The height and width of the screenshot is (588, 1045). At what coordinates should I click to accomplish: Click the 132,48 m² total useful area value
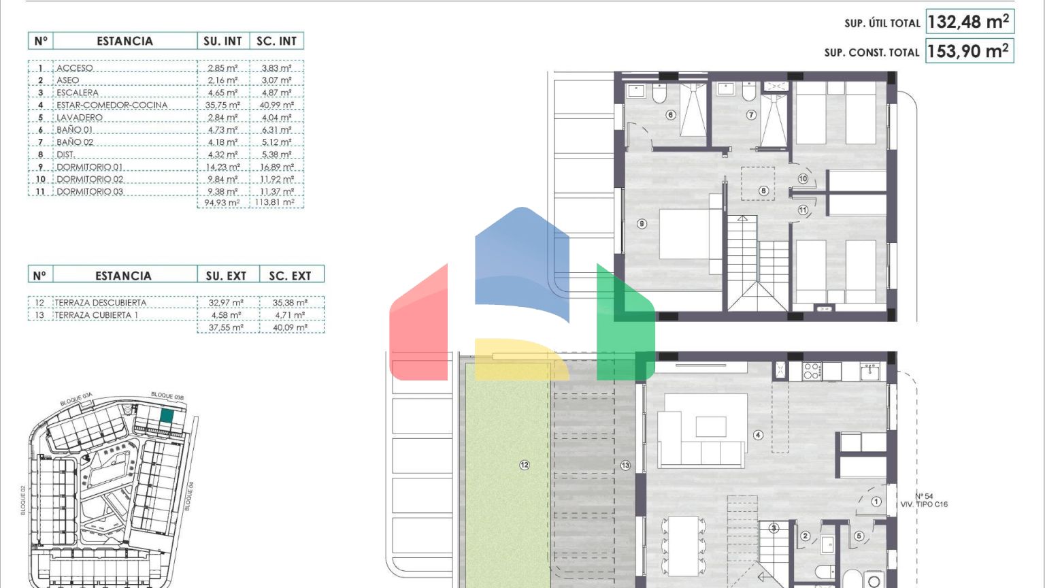point(968,22)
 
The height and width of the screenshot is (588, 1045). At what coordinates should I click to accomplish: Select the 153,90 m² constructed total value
point(968,51)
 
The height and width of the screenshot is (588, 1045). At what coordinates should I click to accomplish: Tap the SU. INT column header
point(223,41)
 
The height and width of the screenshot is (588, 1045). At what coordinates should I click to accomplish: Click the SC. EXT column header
point(290,276)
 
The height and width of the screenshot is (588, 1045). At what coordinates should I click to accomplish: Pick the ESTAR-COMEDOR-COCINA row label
point(112,105)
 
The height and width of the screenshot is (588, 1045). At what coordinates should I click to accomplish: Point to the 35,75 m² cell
point(222,105)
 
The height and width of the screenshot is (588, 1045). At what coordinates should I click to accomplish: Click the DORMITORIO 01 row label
point(90,167)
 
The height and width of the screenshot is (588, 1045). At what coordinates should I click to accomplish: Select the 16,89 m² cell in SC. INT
point(277,167)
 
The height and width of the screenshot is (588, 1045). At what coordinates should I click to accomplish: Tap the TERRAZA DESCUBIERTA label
point(100,303)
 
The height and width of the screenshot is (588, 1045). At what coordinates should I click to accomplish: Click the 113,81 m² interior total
point(275,203)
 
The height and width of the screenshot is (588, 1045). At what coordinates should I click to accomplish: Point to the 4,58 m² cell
point(227,315)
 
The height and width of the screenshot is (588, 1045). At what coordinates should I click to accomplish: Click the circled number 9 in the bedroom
point(642,224)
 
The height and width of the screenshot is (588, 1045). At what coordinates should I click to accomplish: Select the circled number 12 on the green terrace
point(525,465)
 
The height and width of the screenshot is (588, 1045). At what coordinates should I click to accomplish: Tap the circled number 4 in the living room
point(758,435)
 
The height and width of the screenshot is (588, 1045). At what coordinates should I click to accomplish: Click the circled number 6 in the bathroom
point(671,115)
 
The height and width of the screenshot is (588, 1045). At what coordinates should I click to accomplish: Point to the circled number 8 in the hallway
point(764,191)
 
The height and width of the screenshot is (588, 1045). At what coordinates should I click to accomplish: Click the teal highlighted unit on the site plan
point(167,416)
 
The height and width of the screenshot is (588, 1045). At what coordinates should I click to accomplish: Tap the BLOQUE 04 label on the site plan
point(189,496)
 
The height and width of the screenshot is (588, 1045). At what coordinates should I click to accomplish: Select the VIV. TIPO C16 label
point(924,504)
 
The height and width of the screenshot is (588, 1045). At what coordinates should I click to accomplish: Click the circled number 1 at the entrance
point(876,502)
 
